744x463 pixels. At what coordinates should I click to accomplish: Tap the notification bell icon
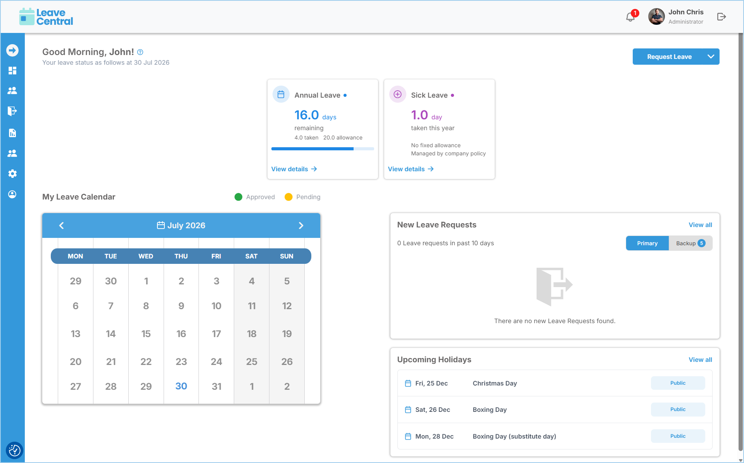click(x=630, y=17)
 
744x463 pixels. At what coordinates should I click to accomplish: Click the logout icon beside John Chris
click(x=722, y=17)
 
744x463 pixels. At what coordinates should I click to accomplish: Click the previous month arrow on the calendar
click(x=61, y=225)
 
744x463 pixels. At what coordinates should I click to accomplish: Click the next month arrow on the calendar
click(x=301, y=225)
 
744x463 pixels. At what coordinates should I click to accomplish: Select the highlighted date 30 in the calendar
click(x=181, y=386)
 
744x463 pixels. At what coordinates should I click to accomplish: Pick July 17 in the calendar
click(x=216, y=334)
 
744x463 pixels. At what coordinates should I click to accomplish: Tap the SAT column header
click(x=251, y=256)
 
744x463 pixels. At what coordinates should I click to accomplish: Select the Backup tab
click(x=690, y=243)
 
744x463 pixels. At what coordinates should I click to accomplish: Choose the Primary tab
click(x=647, y=243)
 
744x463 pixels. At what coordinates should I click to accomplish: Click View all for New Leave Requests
click(x=700, y=225)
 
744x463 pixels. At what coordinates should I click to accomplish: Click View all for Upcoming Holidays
click(x=700, y=360)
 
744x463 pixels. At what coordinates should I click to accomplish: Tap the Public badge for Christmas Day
click(x=678, y=383)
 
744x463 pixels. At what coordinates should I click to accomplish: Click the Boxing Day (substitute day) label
click(x=514, y=436)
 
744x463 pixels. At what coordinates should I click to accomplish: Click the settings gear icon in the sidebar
click(x=12, y=174)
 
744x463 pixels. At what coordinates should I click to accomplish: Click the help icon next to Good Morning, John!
click(x=140, y=52)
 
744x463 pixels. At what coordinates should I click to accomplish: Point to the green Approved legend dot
click(x=238, y=197)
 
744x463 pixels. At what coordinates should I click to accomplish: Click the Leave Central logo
click(x=46, y=17)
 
